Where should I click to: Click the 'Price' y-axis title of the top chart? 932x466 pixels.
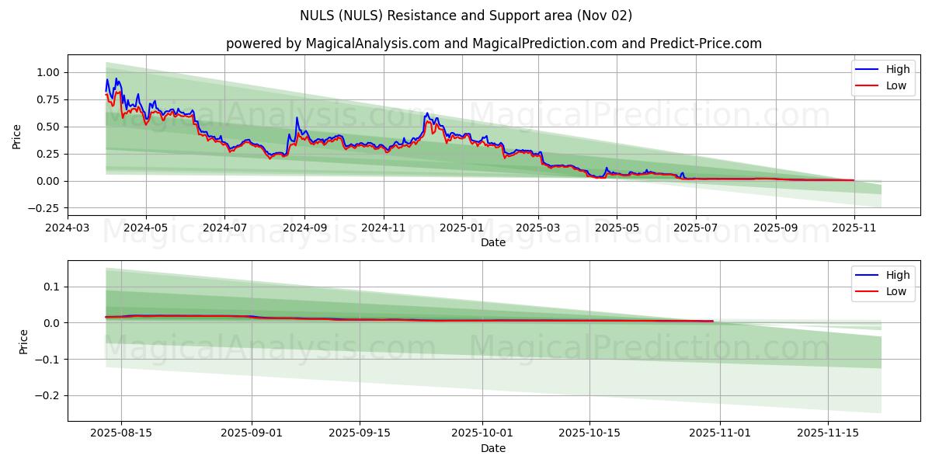tap(17, 136)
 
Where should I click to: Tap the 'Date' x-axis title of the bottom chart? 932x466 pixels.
tap(493, 448)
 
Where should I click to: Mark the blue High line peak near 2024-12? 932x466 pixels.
tap(426, 113)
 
